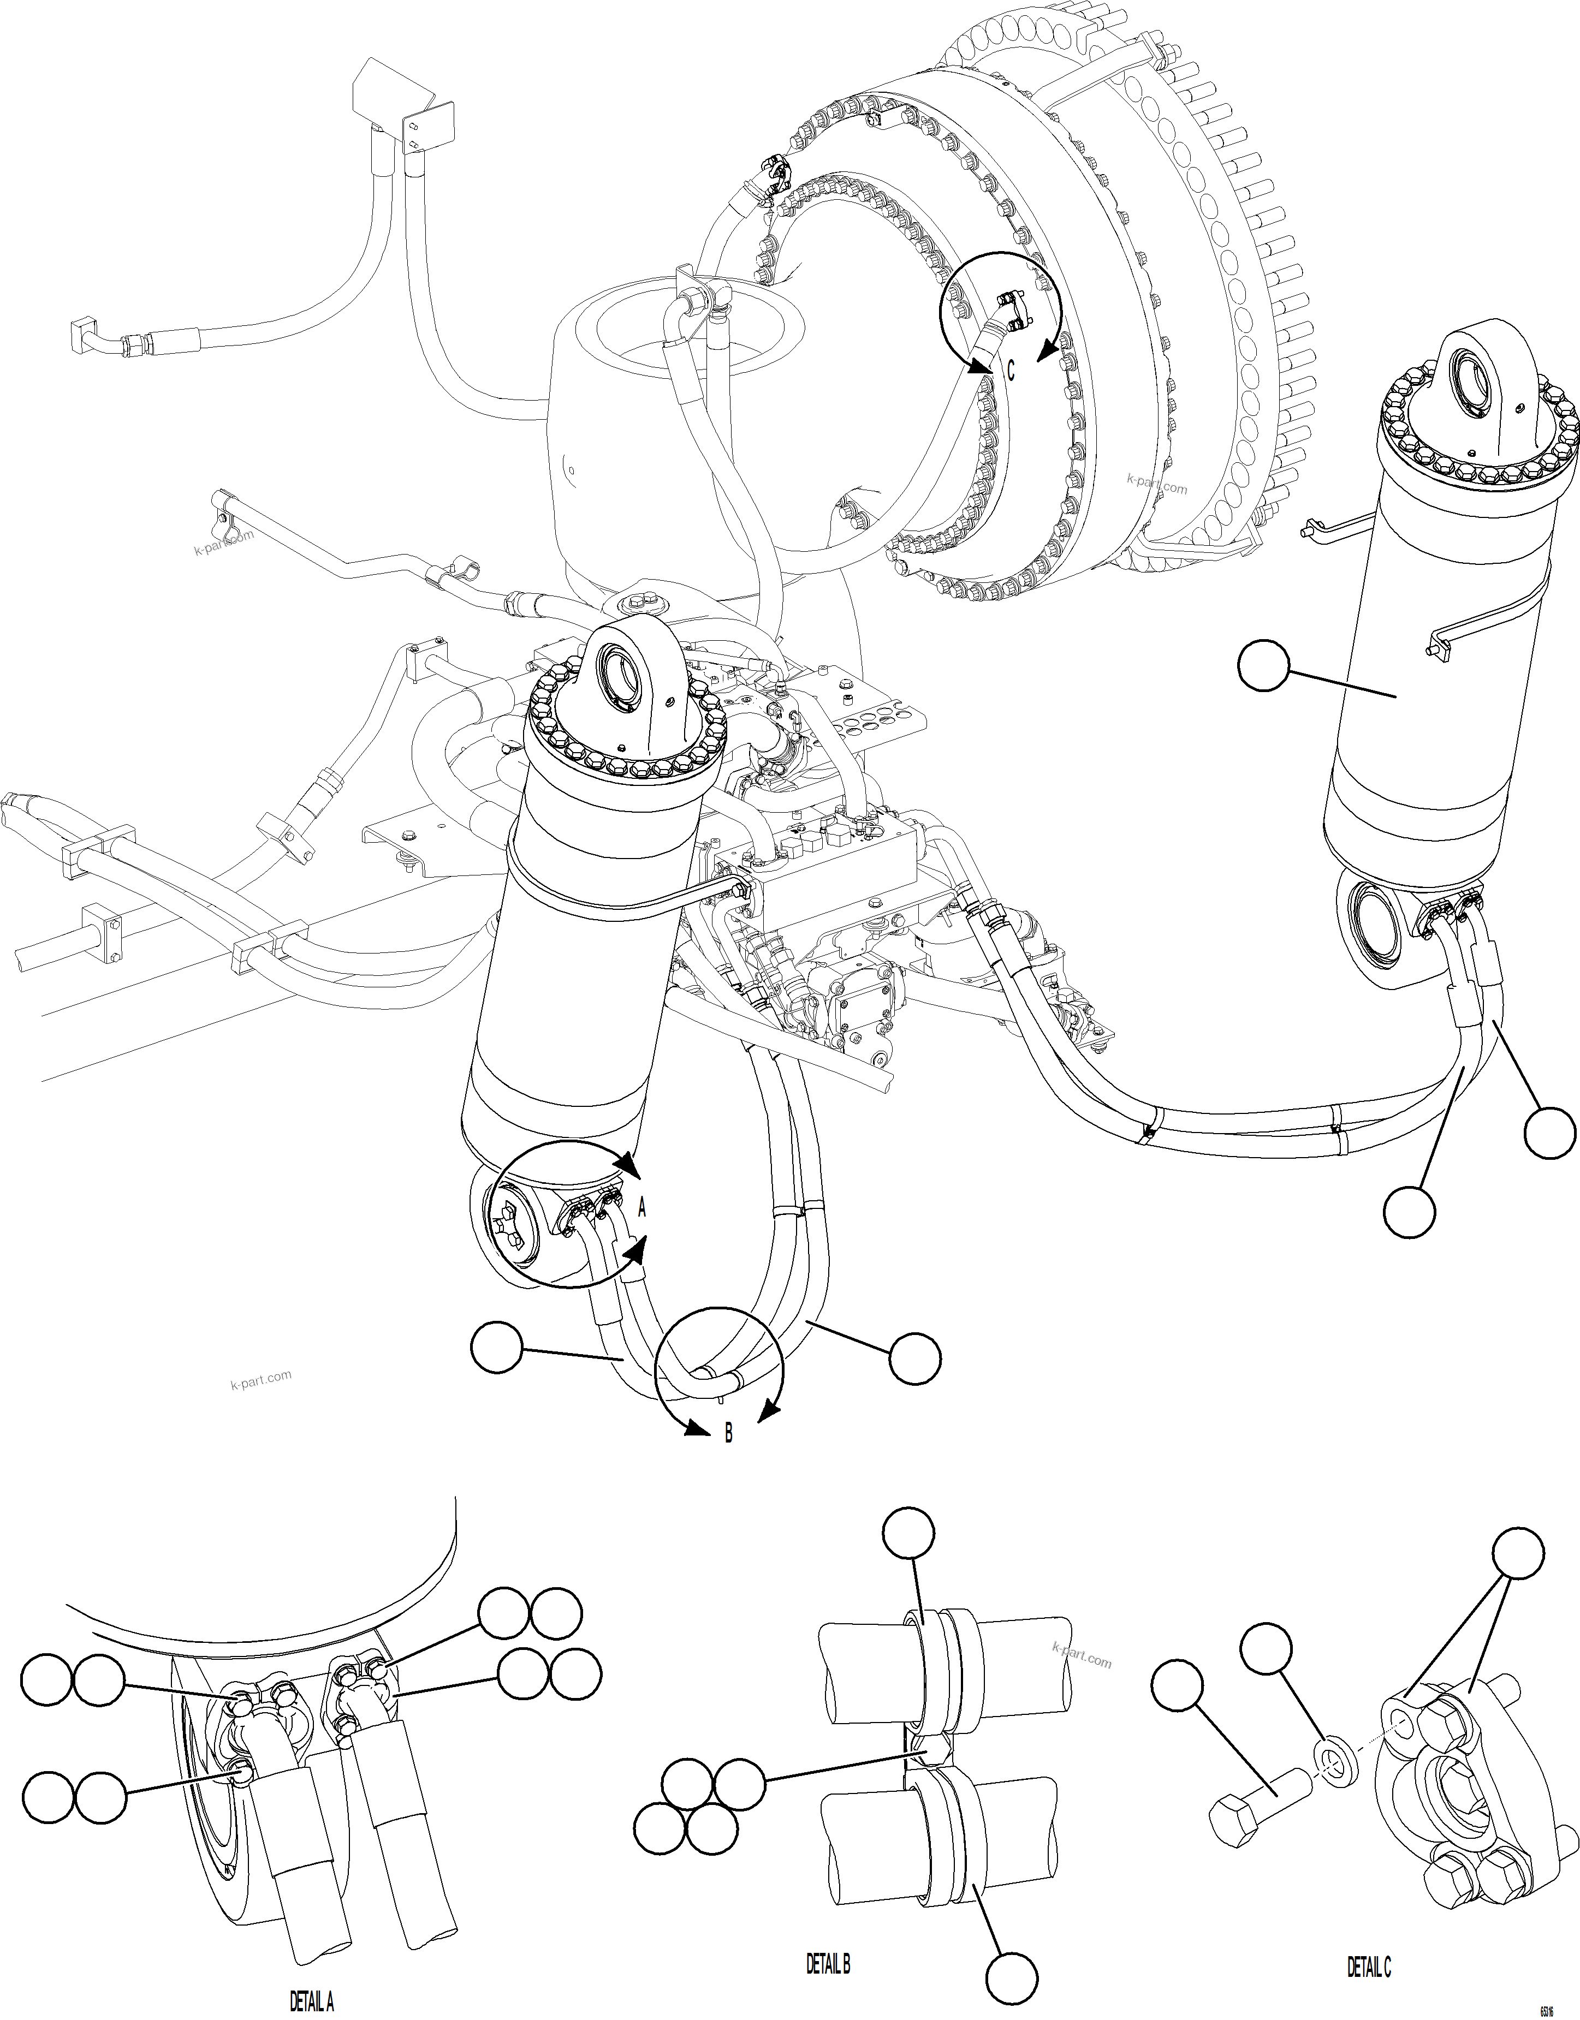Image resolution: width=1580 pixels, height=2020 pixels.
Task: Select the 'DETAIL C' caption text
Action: click(1368, 1967)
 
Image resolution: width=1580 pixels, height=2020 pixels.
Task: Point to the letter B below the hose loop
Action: click(728, 1434)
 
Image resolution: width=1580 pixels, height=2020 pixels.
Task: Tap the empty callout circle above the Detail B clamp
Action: click(908, 1534)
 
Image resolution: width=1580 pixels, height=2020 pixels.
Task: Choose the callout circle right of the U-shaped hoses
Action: click(915, 1358)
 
